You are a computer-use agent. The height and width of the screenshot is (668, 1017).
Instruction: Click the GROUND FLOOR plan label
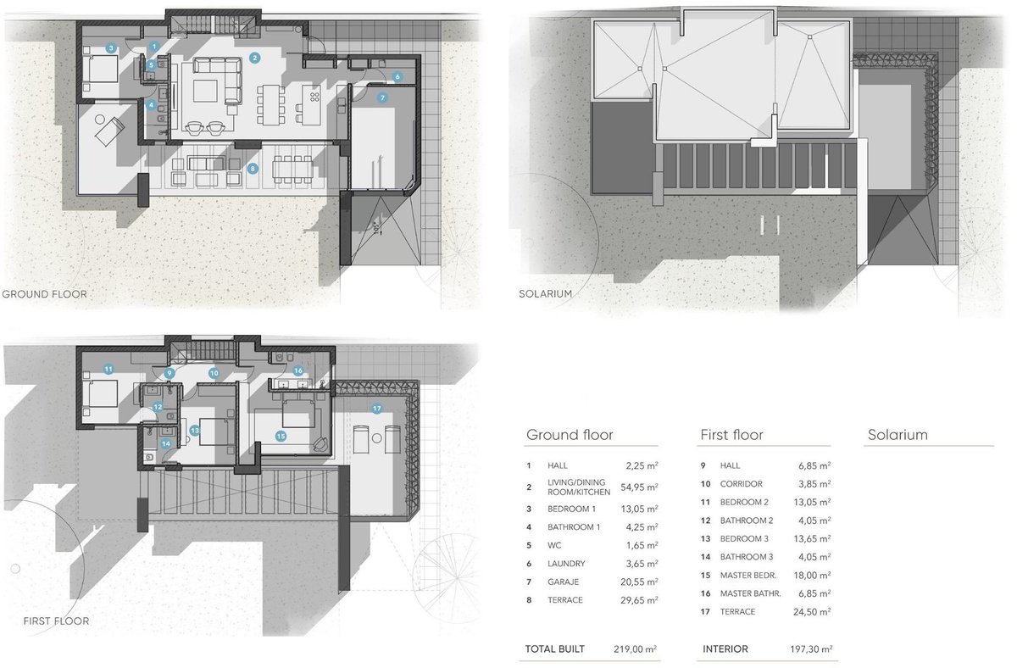pyautogui.click(x=44, y=294)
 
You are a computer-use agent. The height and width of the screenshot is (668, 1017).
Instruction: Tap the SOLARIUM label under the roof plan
pyautogui.click(x=545, y=294)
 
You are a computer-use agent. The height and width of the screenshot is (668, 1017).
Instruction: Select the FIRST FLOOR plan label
pyautogui.click(x=56, y=621)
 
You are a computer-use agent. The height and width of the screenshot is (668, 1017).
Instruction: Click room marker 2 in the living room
pyautogui.click(x=255, y=58)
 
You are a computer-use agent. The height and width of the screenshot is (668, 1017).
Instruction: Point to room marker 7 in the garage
pyautogui.click(x=382, y=97)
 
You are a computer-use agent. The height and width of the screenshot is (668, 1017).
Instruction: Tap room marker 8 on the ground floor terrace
pyautogui.click(x=253, y=169)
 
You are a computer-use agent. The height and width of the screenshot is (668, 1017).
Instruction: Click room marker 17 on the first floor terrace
pyautogui.click(x=377, y=409)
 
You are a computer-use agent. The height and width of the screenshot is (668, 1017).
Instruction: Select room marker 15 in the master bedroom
pyautogui.click(x=281, y=436)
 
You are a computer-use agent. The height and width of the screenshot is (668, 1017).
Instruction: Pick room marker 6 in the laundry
pyautogui.click(x=397, y=77)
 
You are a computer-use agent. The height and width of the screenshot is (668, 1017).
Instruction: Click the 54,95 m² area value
pyautogui.click(x=639, y=487)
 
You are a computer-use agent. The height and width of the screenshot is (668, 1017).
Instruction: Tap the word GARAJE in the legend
pyautogui.click(x=563, y=582)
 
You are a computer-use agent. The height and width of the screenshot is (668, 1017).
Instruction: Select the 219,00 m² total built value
pyautogui.click(x=635, y=649)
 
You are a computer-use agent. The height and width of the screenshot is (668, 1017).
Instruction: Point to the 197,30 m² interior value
pyautogui.click(x=811, y=649)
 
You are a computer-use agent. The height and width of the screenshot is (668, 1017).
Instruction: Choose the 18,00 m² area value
pyautogui.click(x=812, y=575)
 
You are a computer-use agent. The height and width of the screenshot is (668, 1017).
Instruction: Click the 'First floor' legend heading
pyautogui.click(x=731, y=435)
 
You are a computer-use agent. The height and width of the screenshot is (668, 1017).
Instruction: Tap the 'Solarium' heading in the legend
pyautogui.click(x=898, y=435)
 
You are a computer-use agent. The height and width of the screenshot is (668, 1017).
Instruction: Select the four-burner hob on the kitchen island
pyautogui.click(x=314, y=97)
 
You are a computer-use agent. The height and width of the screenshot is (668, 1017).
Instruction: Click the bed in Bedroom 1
pyautogui.click(x=100, y=69)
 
